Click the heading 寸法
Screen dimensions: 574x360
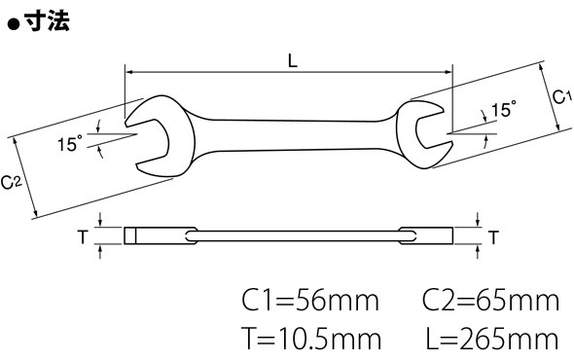(47, 20)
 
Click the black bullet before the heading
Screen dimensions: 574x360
(14, 25)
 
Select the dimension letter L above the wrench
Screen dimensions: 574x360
(293, 60)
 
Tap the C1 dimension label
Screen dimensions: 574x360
(561, 97)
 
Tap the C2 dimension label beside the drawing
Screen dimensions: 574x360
(12, 182)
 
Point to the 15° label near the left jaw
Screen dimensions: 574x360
(70, 143)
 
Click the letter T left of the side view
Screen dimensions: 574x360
(83, 236)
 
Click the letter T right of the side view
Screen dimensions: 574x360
(493, 237)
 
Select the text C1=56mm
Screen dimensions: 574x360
(310, 301)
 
